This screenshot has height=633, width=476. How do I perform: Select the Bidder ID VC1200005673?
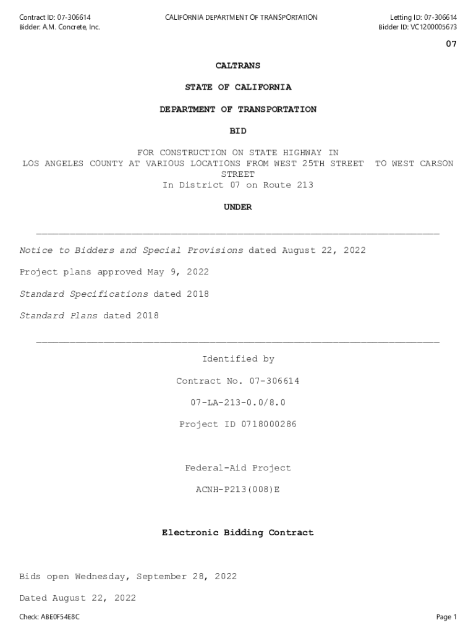[433, 27]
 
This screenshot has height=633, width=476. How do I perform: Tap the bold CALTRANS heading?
[238, 66]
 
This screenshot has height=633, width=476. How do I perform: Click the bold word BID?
[238, 131]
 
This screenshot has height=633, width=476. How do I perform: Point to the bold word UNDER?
[238, 207]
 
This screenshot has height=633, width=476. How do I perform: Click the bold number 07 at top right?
[451, 44]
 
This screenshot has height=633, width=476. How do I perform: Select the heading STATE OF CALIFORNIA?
[238, 87]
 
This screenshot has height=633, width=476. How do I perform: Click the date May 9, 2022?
[178, 272]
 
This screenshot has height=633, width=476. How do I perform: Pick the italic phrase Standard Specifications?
[84, 294]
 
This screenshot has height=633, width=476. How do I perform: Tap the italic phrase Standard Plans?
[59, 315]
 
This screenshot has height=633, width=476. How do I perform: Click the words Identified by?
[238, 359]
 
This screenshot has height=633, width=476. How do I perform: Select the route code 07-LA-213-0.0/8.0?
[238, 402]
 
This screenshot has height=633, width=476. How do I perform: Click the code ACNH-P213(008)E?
[238, 490]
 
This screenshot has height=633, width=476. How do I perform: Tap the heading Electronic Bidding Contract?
[238, 532]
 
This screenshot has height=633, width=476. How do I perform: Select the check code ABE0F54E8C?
[60, 617]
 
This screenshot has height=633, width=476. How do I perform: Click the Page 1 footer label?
[446, 617]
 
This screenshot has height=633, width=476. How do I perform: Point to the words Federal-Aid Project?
[238, 468]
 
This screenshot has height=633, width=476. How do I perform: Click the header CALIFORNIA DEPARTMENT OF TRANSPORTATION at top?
[241, 17]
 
